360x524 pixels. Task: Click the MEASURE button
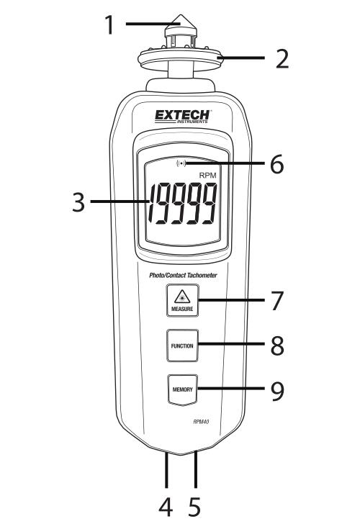point(182,300)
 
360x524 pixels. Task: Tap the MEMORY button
point(182,389)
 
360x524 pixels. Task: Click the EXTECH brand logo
point(182,117)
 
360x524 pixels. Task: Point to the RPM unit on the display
point(207,176)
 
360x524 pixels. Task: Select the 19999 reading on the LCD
point(183,204)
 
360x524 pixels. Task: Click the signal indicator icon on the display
point(181,163)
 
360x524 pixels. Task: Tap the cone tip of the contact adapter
point(181,20)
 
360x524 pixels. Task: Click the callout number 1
point(109,24)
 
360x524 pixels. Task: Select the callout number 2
point(282,59)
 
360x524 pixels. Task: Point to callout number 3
point(79,202)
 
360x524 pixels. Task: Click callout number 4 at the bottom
point(166,507)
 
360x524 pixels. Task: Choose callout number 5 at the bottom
point(195,507)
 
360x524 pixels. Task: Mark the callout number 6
point(276,164)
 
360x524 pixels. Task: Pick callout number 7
point(277,300)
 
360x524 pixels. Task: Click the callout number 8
point(277,345)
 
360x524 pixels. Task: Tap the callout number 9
point(277,391)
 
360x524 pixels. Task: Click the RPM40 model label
point(201,422)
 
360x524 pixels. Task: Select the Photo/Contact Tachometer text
point(183,276)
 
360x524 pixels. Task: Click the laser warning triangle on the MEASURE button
point(182,297)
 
